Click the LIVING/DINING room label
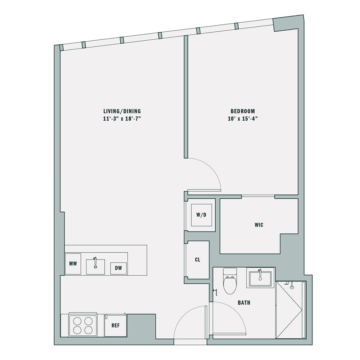coord(122,111)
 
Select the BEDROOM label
coord(243,111)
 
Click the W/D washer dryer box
coord(201,215)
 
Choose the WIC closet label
coord(258,225)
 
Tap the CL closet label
coord(197,260)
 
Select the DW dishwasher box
coord(118,268)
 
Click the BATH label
coord(244,303)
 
